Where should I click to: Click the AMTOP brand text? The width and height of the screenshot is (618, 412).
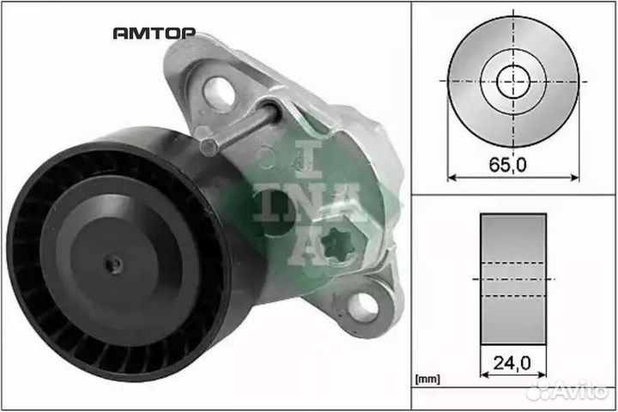click(x=154, y=33)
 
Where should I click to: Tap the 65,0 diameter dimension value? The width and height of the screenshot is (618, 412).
click(x=507, y=165)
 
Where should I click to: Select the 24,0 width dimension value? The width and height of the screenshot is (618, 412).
click(x=512, y=363)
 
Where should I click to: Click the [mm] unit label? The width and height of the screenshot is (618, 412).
click(x=427, y=379)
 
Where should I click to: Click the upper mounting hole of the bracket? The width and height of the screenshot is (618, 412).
click(x=218, y=92)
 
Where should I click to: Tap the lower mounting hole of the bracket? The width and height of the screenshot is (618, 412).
click(x=363, y=306)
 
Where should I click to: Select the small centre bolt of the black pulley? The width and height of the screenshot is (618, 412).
click(x=114, y=264)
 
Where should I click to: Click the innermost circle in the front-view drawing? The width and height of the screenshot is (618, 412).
click(x=513, y=82)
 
